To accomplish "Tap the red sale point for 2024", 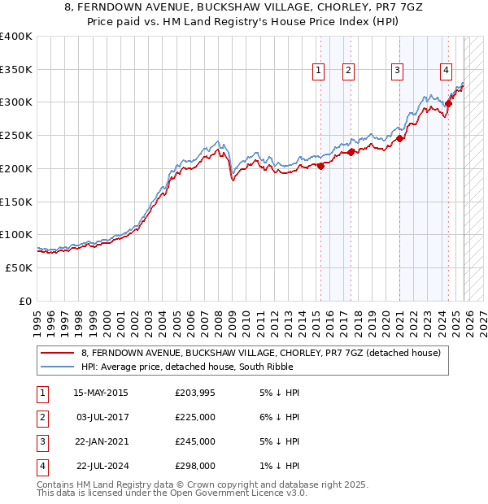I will point(448,103).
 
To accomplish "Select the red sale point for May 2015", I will point(320,166).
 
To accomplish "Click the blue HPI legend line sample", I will point(59,367).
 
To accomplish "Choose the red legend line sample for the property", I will point(59,353).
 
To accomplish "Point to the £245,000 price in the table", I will point(195,441).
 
